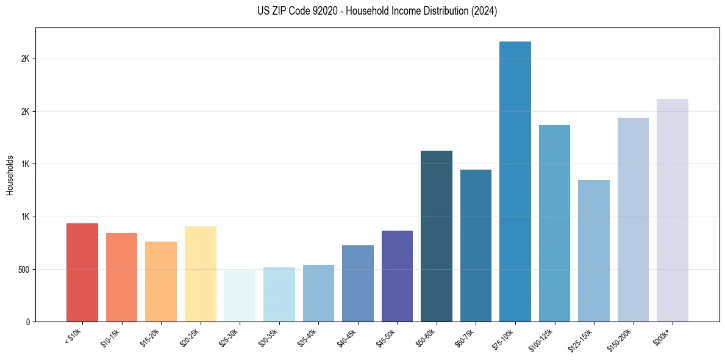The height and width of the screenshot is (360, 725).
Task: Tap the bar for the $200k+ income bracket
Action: tap(673, 210)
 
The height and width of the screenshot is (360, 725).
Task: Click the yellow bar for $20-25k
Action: tap(201, 274)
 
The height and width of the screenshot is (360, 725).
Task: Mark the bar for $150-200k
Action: tap(633, 219)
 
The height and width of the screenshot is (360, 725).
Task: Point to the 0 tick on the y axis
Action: tap(27, 322)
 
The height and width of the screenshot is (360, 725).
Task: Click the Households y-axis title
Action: tap(10, 175)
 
